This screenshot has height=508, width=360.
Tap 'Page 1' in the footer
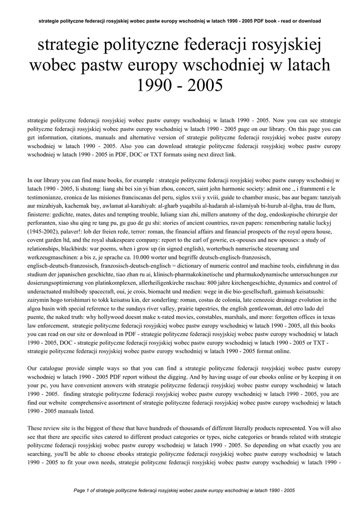83,490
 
